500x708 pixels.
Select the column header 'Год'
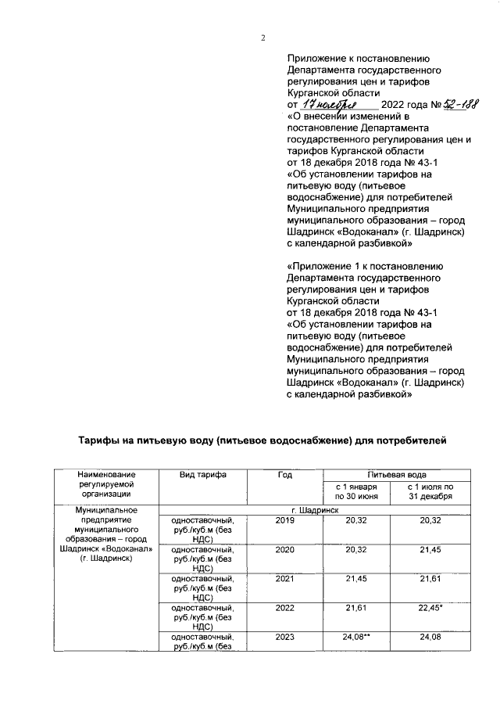point(284,475)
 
